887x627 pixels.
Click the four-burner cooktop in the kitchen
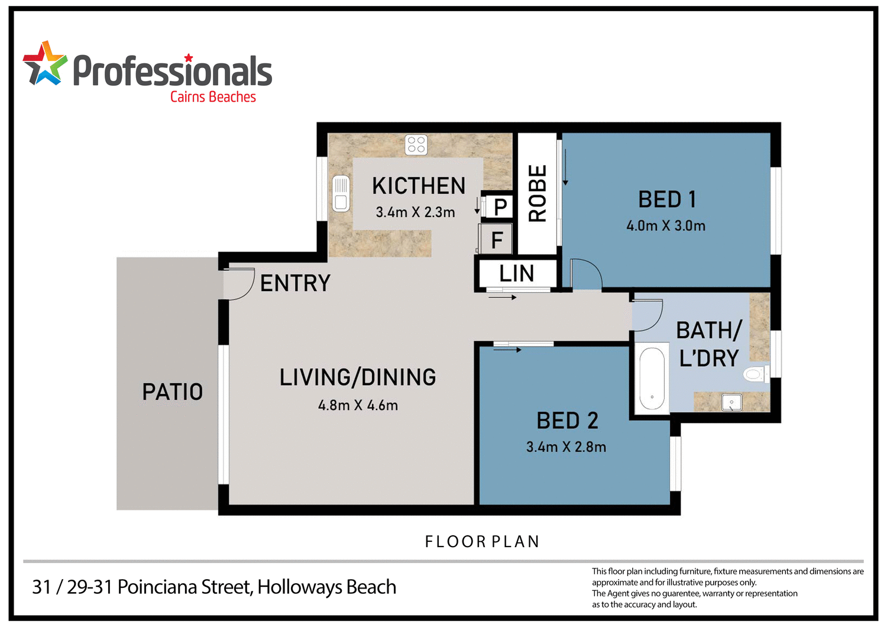click(x=416, y=144)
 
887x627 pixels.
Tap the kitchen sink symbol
click(x=341, y=193)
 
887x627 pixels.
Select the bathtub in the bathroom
click(x=652, y=380)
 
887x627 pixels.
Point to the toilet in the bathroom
click(x=755, y=374)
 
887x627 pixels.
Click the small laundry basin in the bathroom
click(x=731, y=403)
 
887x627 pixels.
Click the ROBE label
click(x=538, y=193)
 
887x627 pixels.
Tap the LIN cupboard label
click(x=516, y=274)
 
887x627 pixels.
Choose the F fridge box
click(x=497, y=240)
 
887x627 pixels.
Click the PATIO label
click(x=172, y=392)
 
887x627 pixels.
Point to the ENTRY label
click(x=295, y=283)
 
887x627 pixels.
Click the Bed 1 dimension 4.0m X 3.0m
click(x=666, y=226)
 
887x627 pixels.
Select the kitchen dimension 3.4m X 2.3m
click(x=415, y=212)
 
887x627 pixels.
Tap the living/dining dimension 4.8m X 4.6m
click(x=358, y=406)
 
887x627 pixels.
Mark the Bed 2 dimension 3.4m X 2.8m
click(x=566, y=447)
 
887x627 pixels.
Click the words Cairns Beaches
click(x=213, y=97)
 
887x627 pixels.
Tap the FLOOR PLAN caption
click(x=482, y=542)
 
